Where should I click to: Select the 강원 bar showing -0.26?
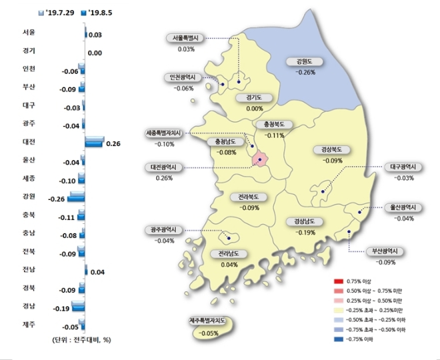coord(75,198)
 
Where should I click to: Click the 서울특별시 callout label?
coord(187,38)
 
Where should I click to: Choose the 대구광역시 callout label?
coord(403,167)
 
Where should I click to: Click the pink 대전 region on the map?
coord(260,159)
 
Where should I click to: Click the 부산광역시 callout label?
coord(385,251)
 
